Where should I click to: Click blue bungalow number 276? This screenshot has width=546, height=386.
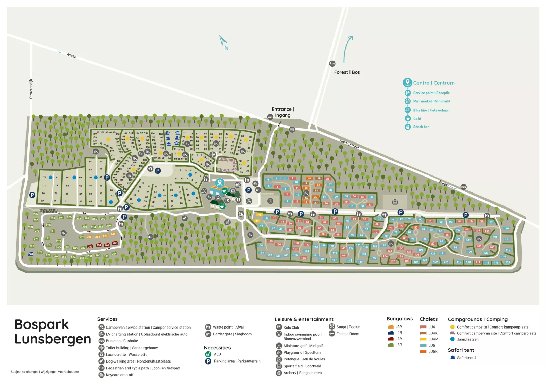30,254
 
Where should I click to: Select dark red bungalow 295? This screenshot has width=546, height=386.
115,243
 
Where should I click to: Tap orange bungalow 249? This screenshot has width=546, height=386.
113,234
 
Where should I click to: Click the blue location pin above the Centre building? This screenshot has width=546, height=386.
220,183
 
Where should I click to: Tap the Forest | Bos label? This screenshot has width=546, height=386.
347,72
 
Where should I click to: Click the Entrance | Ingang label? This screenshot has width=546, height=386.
283,112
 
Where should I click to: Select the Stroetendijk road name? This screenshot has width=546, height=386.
31,89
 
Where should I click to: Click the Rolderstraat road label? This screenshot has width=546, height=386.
349,144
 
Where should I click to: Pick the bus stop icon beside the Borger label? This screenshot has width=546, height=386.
463,187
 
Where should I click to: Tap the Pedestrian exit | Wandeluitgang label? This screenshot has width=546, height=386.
49,211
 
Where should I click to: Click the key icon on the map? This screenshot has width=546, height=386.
151,237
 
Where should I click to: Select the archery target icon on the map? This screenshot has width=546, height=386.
227,222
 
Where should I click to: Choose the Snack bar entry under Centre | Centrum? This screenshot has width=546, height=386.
421,127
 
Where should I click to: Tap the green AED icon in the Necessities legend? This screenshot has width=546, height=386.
208,354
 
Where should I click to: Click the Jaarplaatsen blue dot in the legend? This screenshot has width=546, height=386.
452,339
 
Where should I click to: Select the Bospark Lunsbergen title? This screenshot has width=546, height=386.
53,332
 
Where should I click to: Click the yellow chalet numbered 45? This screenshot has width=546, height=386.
259,215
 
